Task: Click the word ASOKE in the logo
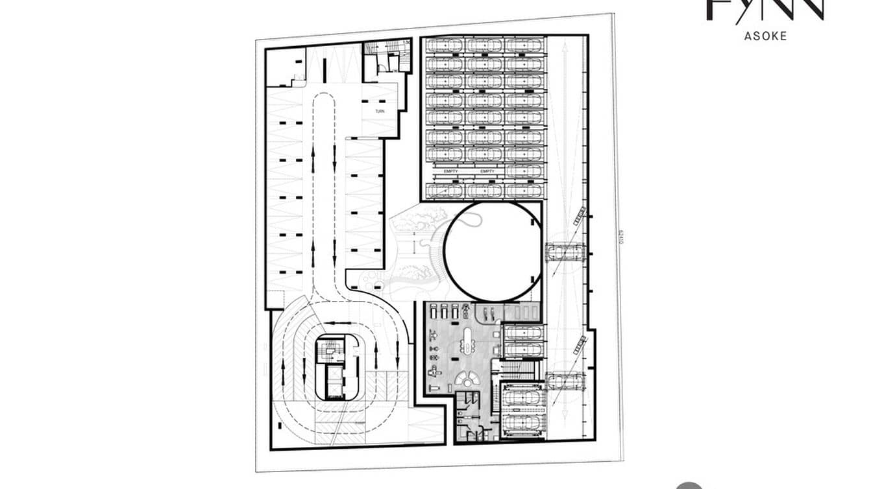[765, 36]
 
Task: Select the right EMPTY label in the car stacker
[487, 171]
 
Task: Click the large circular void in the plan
[493, 251]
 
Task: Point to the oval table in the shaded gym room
[467, 340]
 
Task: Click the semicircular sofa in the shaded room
[467, 379]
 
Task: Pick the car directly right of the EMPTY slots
[524, 171]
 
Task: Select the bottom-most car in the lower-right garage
[524, 424]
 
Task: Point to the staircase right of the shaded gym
[518, 369]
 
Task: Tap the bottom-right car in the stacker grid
[524, 190]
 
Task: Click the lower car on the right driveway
[567, 379]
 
